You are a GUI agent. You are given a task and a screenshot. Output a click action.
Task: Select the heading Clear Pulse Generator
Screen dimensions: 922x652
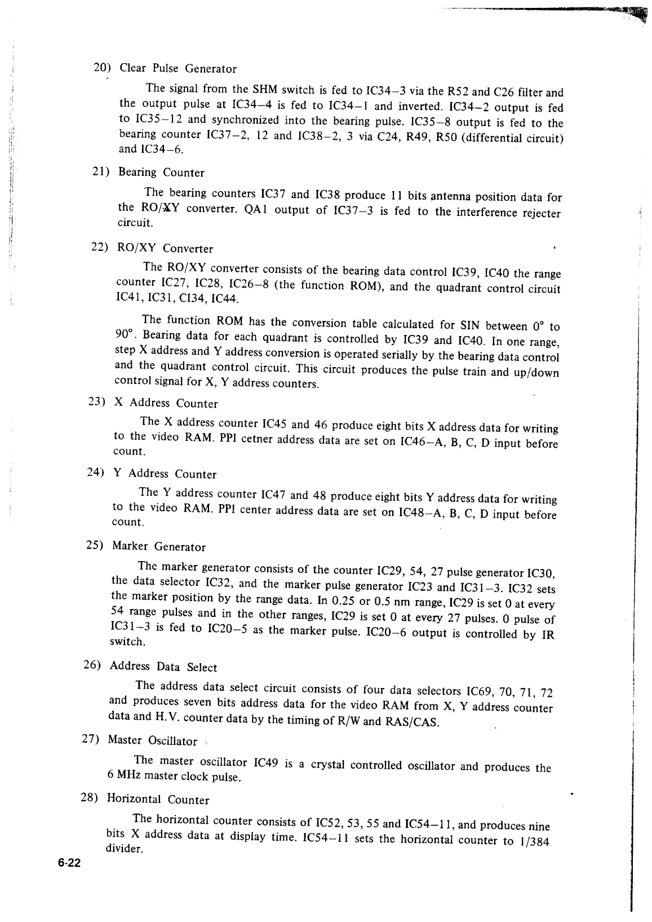tap(178, 69)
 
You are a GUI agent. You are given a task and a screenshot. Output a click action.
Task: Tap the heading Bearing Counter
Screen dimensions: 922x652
tap(161, 173)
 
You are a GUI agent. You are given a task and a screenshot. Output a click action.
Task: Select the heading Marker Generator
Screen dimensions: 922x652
tap(159, 546)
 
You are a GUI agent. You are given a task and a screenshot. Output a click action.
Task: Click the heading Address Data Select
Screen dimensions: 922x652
tap(163, 667)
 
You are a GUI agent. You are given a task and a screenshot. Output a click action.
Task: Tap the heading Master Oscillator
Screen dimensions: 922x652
tap(152, 740)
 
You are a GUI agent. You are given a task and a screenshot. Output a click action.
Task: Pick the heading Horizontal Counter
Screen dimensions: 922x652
tap(158, 800)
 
